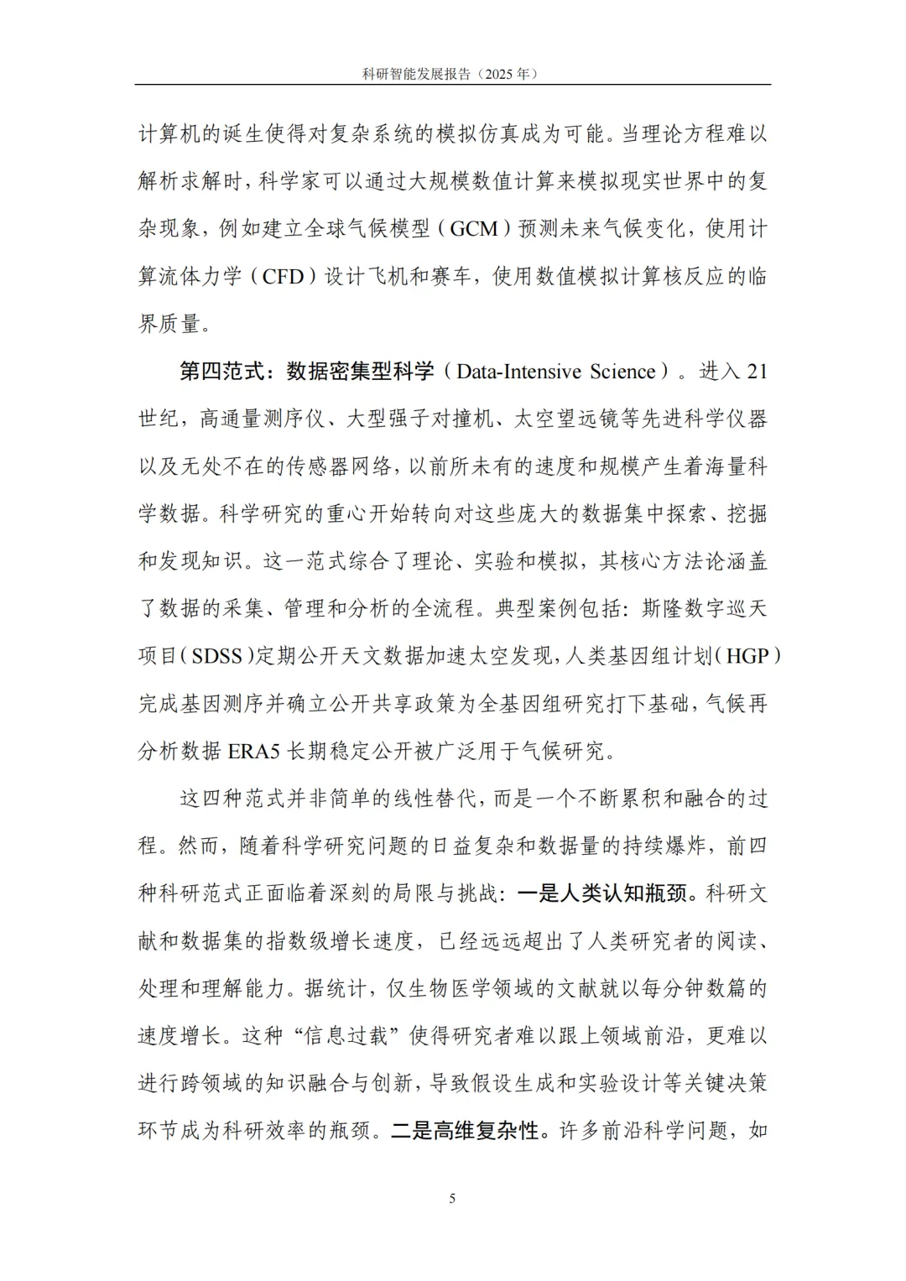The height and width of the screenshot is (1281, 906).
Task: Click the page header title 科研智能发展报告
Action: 415,74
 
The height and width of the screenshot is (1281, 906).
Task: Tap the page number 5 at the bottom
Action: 453,1198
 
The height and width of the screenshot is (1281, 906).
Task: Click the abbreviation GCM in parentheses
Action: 474,228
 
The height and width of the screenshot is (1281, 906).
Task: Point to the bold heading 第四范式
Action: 221,372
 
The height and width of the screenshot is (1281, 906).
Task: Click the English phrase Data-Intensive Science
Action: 556,372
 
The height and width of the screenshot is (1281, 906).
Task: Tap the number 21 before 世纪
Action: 757,372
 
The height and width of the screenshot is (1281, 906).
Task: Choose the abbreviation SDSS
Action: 217,656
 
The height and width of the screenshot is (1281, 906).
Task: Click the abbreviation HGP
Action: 747,656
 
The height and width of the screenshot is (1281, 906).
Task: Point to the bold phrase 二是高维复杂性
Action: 465,1131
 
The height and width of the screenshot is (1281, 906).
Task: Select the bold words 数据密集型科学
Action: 360,372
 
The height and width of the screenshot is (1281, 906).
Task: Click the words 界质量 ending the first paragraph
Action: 169,324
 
